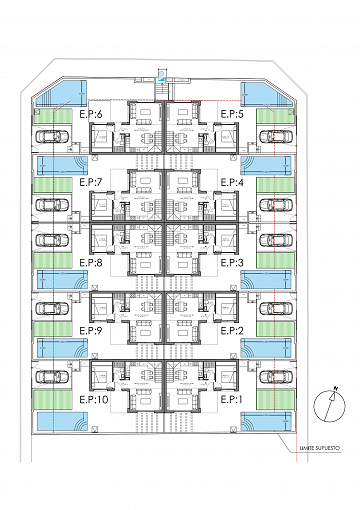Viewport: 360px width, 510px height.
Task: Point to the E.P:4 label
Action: point(233,181)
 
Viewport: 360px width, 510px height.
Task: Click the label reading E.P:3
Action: point(233,263)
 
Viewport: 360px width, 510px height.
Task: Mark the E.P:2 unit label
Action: point(233,330)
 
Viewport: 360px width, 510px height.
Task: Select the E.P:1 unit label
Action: point(233,398)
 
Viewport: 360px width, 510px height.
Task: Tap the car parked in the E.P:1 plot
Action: point(273,375)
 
